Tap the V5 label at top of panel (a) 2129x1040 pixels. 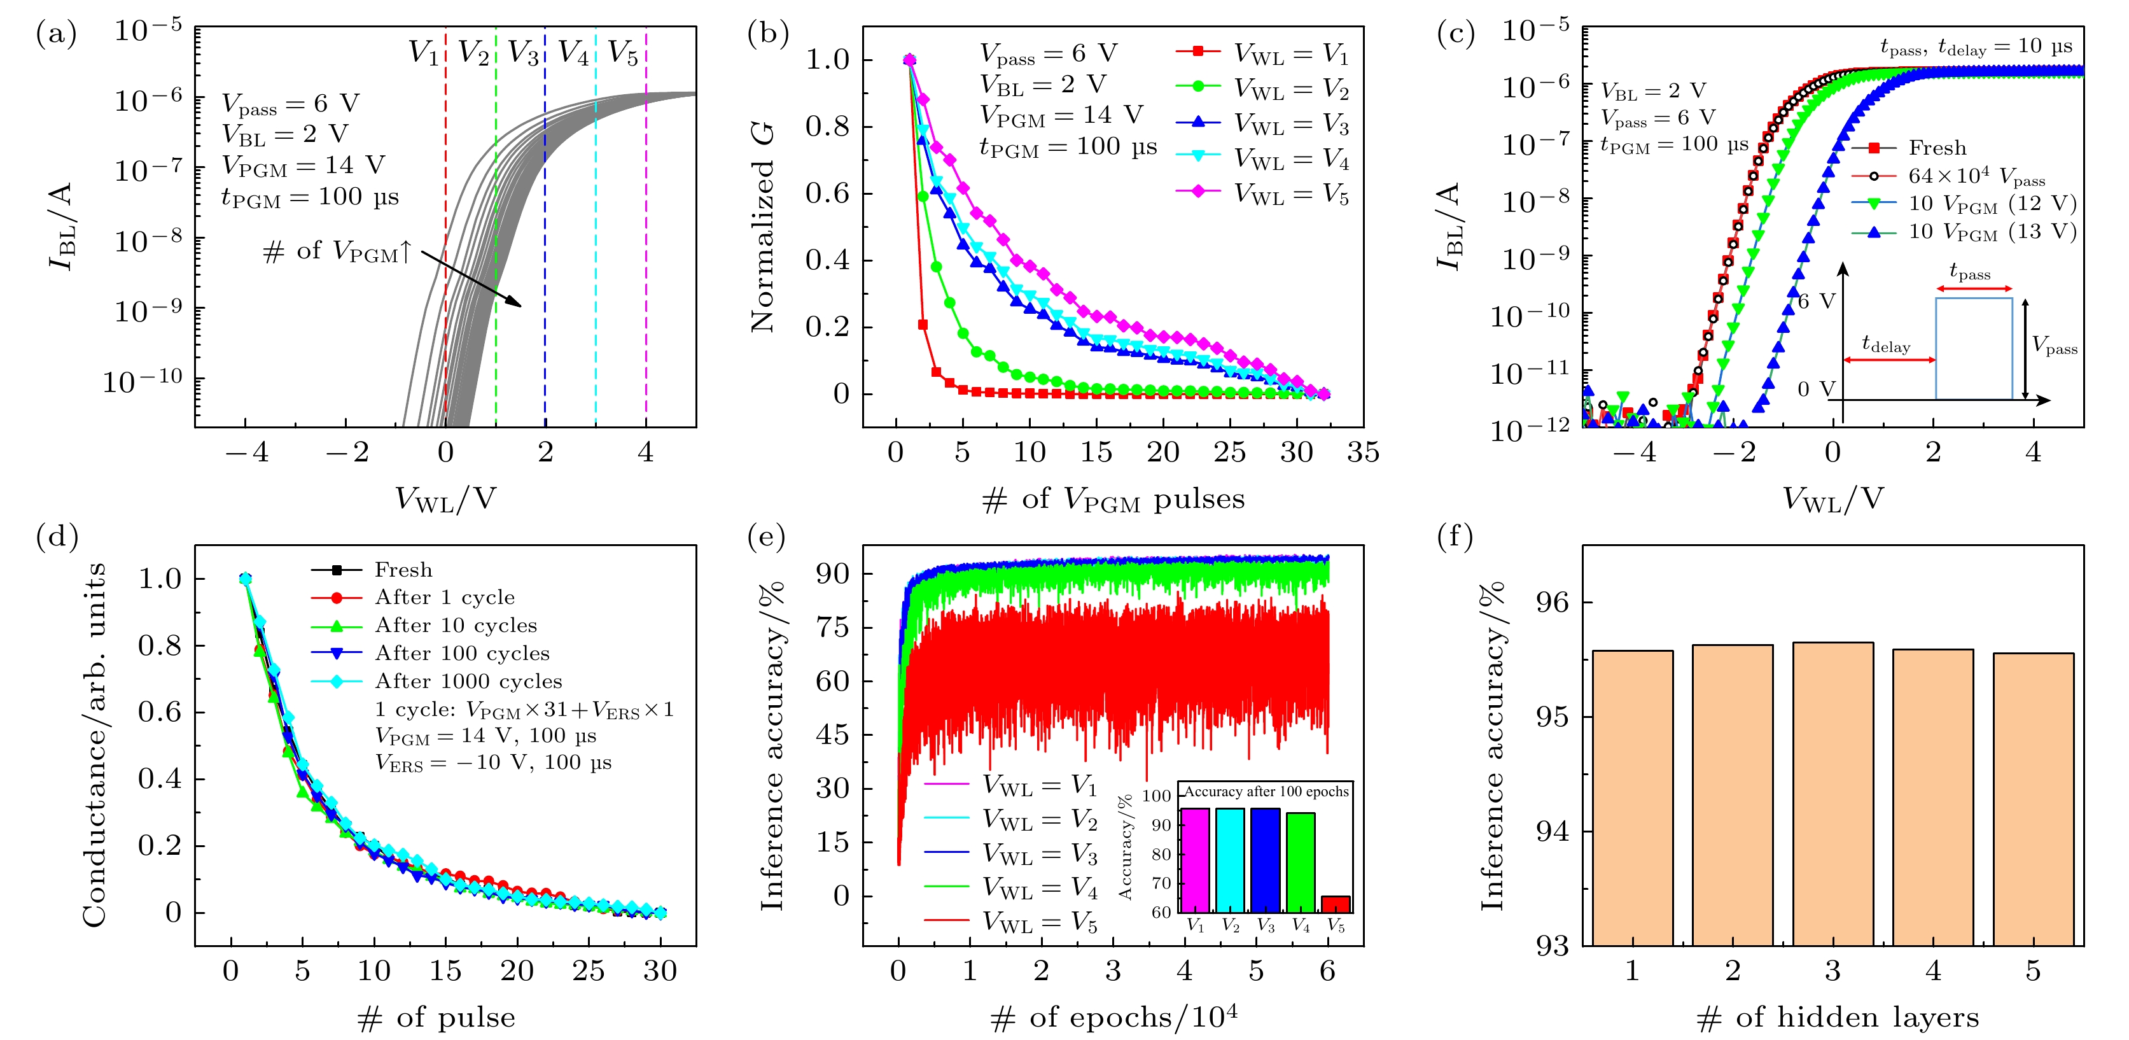coord(623,53)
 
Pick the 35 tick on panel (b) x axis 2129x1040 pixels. coord(1363,452)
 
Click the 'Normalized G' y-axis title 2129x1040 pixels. coord(764,227)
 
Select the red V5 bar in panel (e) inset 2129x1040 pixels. coord(1336,904)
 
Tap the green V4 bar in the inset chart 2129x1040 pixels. coord(1300,862)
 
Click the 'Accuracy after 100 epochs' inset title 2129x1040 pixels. coord(1266,791)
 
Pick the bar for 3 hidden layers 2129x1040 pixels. coord(1833,794)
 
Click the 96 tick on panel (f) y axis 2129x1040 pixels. coord(1551,602)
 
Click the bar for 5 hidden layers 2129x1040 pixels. coord(2033,799)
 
